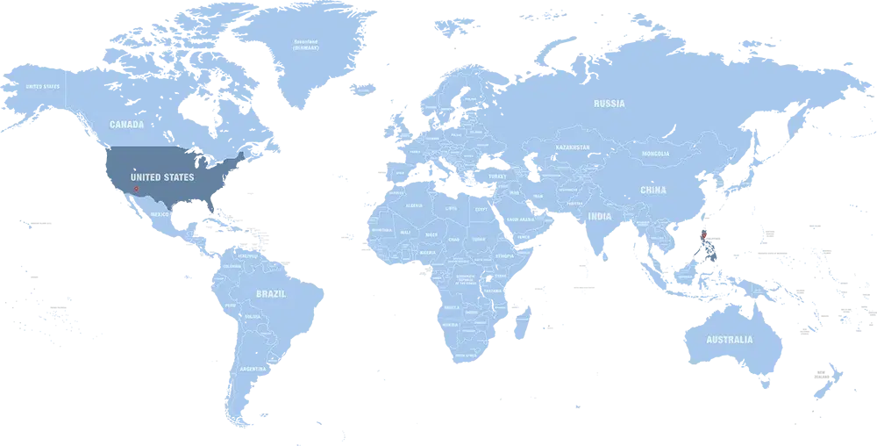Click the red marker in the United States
pos(136,189)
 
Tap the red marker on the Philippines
pos(704,234)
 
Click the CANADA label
pos(126,125)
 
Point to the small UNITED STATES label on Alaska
pos(42,86)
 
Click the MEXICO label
pos(160,214)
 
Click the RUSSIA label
pos(609,104)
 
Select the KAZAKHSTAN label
pos(571,147)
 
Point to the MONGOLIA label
pos(655,154)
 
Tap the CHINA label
pos(652,190)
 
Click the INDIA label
pos(600,216)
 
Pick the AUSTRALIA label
pos(730,340)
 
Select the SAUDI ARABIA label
pos(518,219)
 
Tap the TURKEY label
pos(498,176)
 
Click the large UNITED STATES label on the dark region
pos(162,177)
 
